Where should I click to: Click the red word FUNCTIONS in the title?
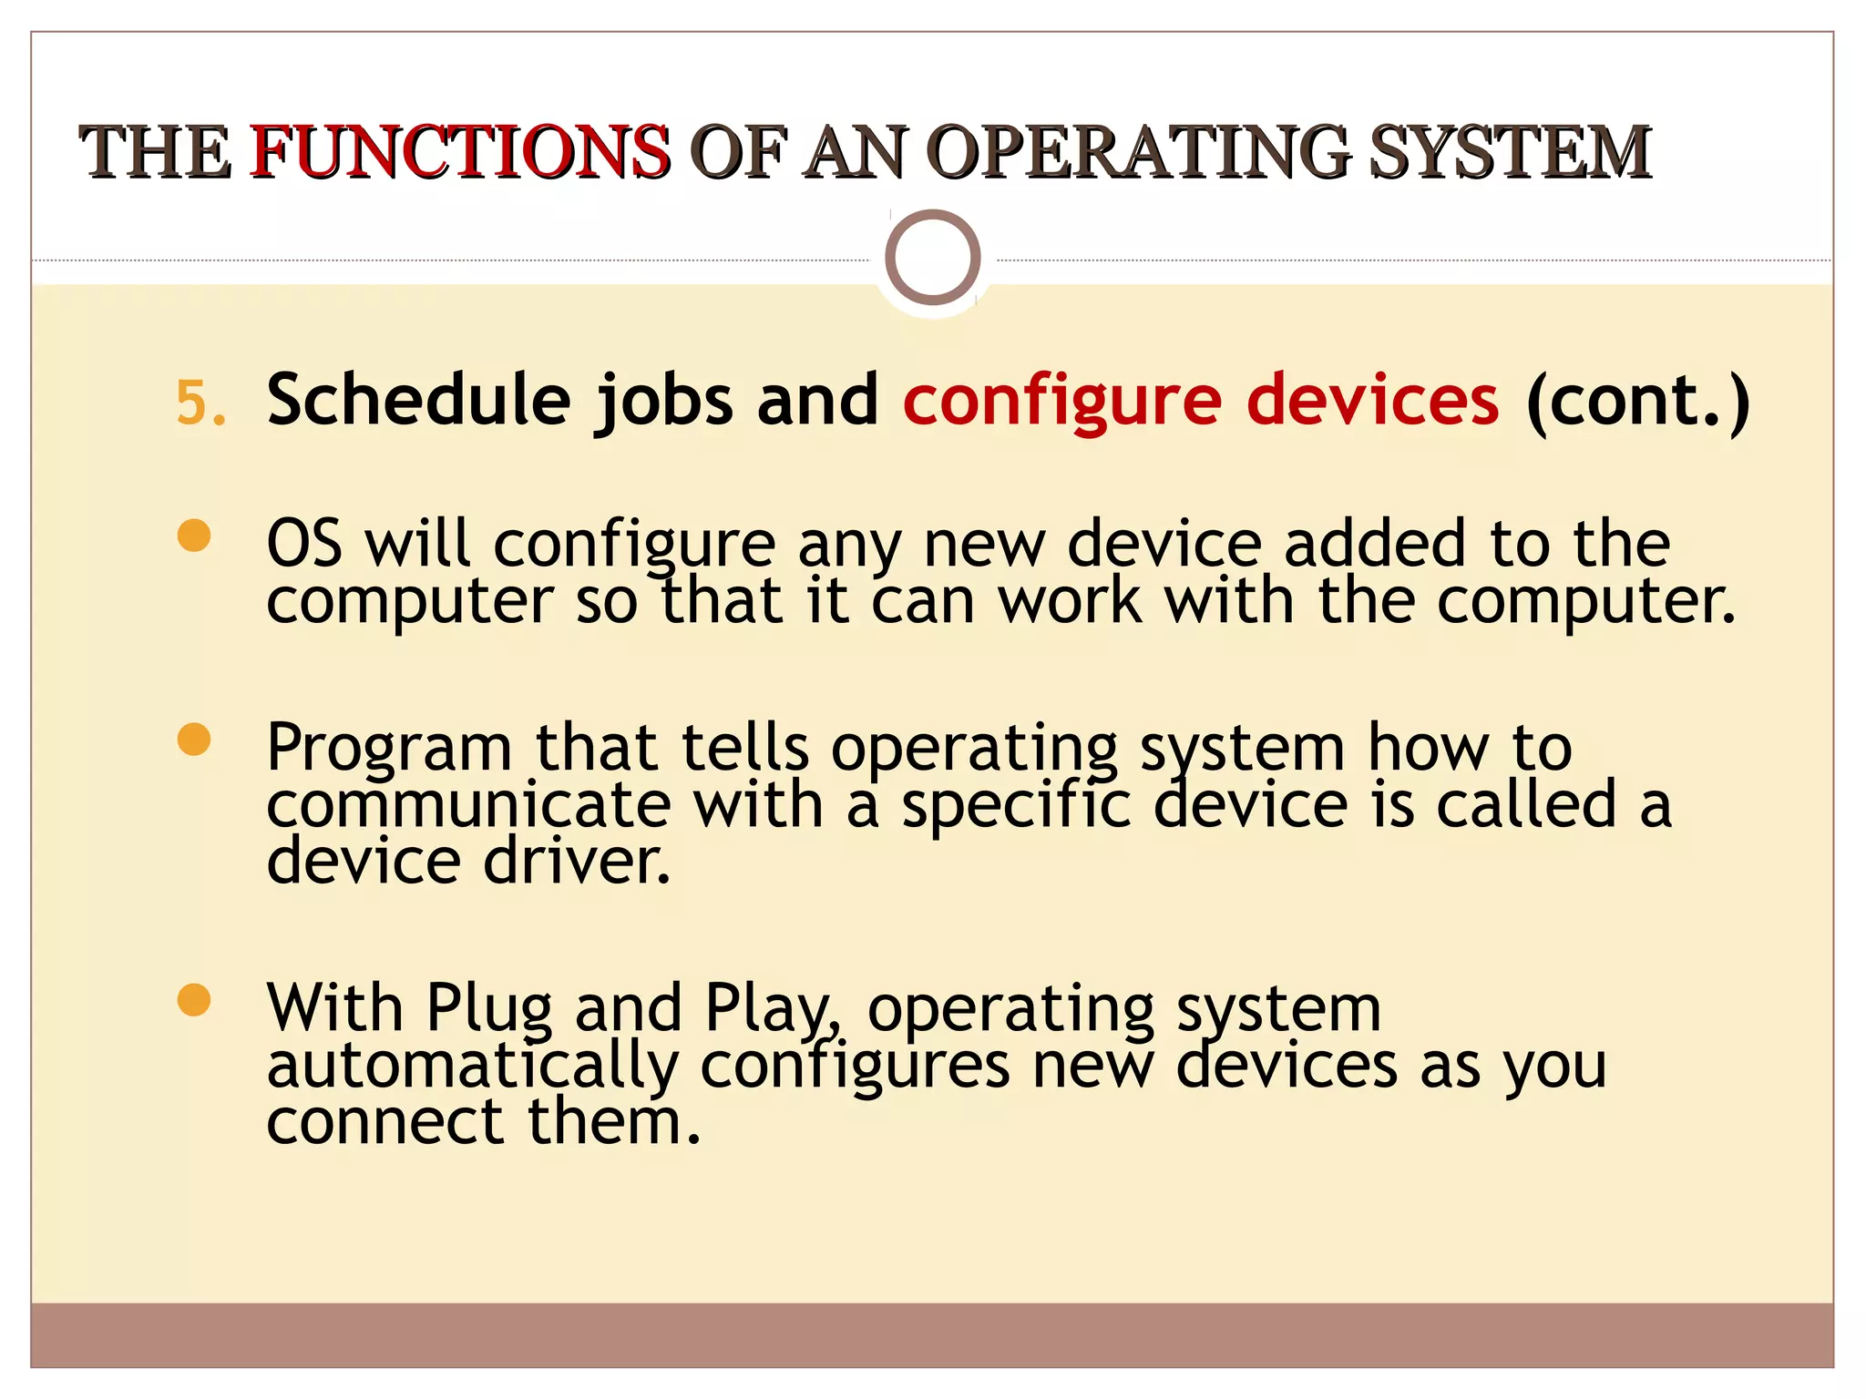[460, 151]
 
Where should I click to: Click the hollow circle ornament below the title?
[932, 258]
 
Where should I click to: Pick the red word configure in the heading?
[1061, 402]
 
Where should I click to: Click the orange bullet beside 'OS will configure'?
[194, 536]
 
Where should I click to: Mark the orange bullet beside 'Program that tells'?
[194, 740]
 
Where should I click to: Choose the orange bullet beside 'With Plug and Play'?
[194, 999]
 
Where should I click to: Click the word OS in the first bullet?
[304, 544]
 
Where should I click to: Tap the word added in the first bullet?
[1376, 544]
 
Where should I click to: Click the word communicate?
[468, 805]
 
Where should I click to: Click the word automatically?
[473, 1066]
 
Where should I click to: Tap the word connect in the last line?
[384, 1122]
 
